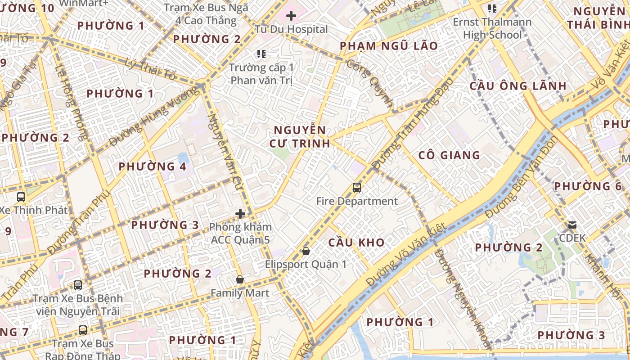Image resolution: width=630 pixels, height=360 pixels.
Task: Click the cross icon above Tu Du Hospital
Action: [x=291, y=16]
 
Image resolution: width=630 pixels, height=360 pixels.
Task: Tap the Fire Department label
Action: [x=357, y=201]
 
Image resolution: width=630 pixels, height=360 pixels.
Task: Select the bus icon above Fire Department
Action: [x=357, y=188]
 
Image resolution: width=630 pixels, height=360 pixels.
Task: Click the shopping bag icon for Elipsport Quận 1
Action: [x=306, y=251]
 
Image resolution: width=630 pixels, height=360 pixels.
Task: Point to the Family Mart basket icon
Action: [x=240, y=280]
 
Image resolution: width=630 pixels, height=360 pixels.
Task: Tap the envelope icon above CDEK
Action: [x=572, y=225]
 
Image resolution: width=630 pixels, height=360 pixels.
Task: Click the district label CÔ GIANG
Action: [x=449, y=155]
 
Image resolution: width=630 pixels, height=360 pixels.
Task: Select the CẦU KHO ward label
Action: [x=356, y=243]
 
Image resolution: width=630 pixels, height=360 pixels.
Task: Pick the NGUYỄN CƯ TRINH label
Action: [x=300, y=137]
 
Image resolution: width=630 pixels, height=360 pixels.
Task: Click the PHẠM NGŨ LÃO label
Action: [x=388, y=46]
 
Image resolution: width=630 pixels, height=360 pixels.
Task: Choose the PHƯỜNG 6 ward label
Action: [x=588, y=186]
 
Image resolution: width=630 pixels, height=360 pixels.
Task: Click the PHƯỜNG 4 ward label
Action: [x=152, y=166]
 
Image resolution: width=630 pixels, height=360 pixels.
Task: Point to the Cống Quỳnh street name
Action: [x=370, y=81]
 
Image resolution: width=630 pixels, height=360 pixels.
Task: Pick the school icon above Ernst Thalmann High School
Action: [x=492, y=9]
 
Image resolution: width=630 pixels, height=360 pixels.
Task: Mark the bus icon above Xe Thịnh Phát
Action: [x=21, y=197]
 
